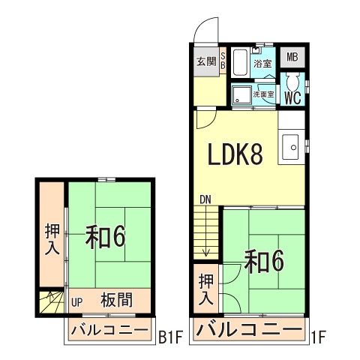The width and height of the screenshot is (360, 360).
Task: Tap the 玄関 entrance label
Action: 206,61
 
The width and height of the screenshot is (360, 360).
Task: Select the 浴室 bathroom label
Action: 262,64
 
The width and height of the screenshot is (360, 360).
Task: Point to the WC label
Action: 292,97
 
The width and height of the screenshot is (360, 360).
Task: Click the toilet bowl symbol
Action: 293,82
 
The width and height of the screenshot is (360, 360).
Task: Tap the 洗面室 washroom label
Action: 263,95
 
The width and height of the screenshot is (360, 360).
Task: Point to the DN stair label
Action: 205,199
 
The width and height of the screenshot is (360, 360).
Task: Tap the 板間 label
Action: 116,301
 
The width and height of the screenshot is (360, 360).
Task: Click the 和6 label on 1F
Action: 265,260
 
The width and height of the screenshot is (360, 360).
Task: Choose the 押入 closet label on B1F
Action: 51,239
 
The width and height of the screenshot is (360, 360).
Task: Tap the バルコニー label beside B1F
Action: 109,330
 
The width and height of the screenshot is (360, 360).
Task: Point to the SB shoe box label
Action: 223,61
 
